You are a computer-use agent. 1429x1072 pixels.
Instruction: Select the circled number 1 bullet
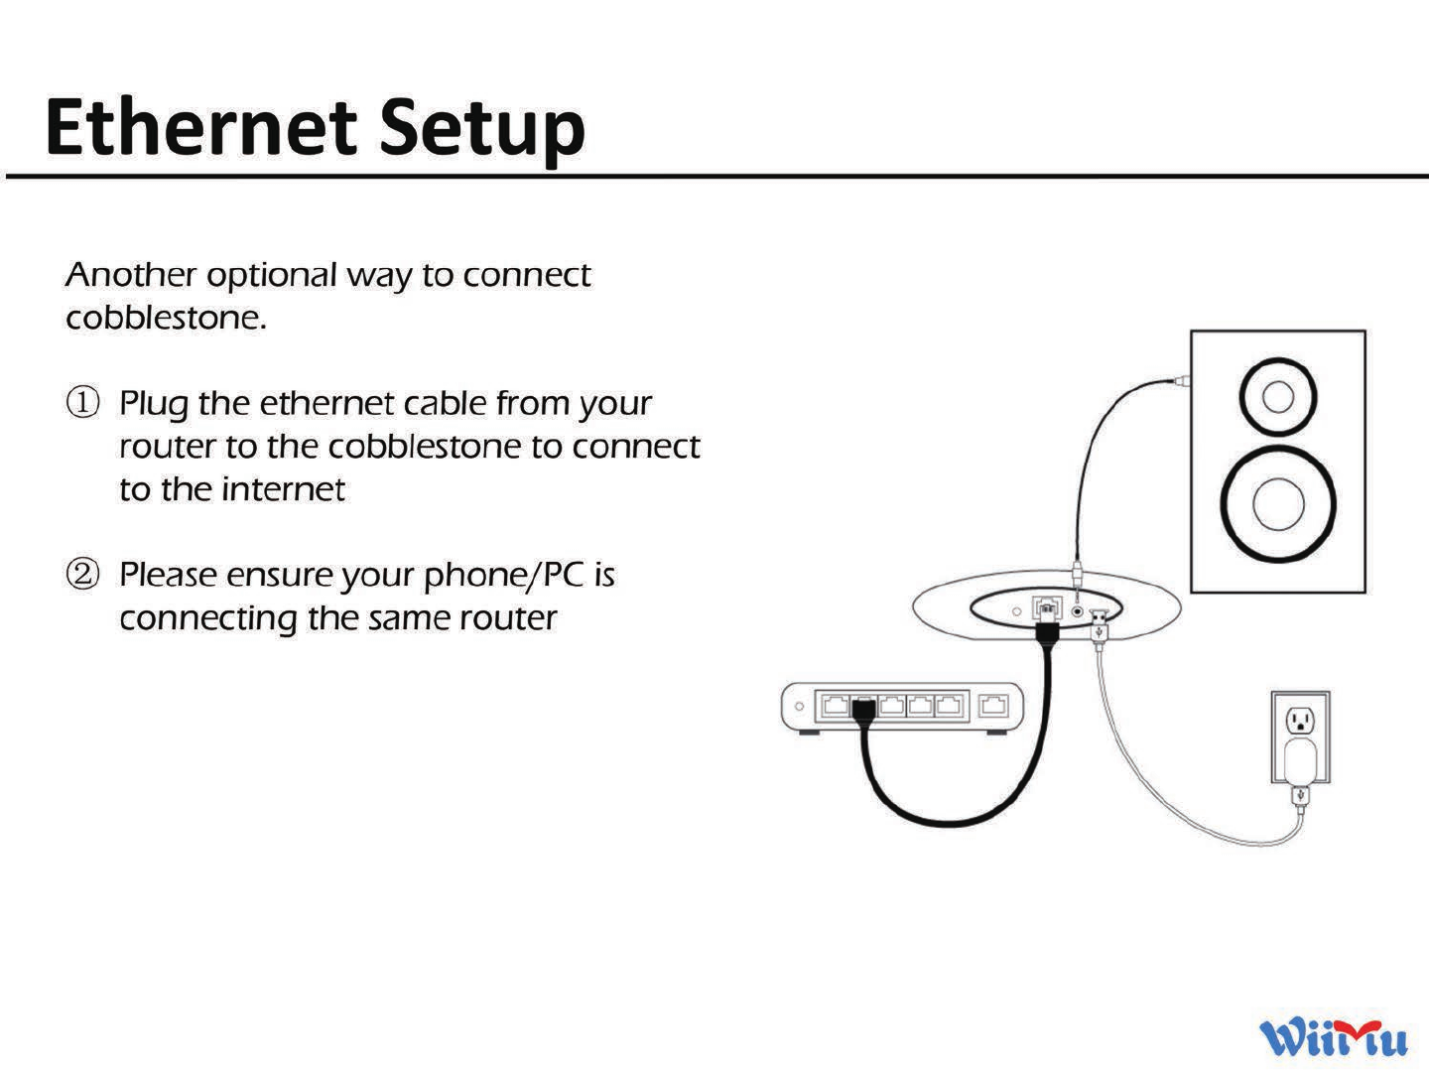[82, 403]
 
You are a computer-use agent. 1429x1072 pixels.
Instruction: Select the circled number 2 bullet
[82, 574]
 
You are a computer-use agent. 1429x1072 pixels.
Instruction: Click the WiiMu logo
[1333, 1038]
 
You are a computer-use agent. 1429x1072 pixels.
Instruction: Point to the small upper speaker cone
[1277, 397]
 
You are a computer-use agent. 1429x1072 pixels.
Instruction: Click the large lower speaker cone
[1277, 503]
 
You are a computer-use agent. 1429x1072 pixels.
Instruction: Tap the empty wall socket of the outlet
[1300, 720]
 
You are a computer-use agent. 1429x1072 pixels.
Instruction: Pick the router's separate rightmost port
[993, 706]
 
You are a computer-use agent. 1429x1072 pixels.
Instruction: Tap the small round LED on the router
[799, 707]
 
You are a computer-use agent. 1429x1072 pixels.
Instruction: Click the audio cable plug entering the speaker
[1181, 381]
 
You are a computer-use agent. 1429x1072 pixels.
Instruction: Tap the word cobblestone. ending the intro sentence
[166, 319]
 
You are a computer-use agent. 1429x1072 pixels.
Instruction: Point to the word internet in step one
[283, 489]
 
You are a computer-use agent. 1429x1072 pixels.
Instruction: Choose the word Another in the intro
[131, 275]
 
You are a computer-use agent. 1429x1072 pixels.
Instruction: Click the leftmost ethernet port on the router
[836, 706]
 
